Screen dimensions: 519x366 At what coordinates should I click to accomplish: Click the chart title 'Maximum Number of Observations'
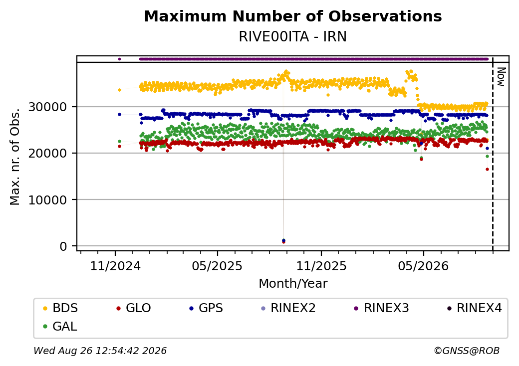[293, 16]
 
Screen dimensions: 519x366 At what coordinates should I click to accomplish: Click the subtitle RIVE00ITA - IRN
[292, 37]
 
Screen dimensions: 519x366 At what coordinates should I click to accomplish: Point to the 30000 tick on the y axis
[48, 107]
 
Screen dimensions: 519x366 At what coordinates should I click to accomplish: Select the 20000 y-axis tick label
[48, 154]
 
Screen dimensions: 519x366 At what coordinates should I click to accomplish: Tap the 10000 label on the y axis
[48, 200]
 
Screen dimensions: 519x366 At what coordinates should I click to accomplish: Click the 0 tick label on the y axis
[63, 246]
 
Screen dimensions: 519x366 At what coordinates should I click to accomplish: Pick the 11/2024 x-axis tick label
[115, 266]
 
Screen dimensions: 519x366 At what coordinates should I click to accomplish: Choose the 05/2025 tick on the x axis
[217, 266]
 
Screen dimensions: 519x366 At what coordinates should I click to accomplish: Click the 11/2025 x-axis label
[321, 266]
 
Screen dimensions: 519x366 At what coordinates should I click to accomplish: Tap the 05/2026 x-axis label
[423, 266]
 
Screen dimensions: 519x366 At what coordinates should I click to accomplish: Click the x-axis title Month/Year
[293, 284]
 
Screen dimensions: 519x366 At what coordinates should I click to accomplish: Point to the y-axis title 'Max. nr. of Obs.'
[15, 157]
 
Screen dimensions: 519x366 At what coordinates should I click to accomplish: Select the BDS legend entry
[60, 308]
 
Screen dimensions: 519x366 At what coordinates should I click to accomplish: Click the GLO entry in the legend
[134, 308]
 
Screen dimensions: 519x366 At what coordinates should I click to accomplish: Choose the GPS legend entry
[206, 308]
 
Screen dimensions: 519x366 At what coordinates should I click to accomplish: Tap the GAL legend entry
[60, 326]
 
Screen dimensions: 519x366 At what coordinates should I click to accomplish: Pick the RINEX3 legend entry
[381, 308]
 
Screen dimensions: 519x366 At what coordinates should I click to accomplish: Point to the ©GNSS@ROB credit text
[467, 351]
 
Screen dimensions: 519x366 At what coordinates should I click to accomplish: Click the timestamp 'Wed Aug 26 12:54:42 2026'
[100, 351]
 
